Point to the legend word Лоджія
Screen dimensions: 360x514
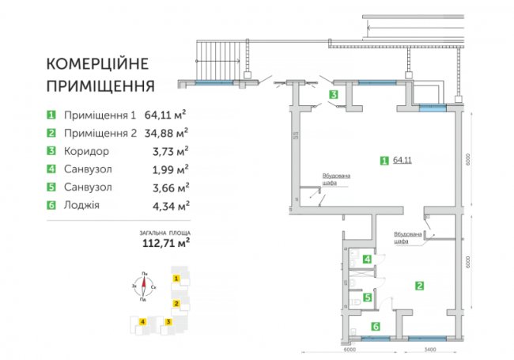click(82, 205)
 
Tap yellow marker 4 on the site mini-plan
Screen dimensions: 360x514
click(142, 321)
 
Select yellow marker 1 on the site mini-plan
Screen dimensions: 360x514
click(176, 279)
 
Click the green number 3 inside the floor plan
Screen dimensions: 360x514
click(334, 95)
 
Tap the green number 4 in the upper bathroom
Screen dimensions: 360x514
click(366, 259)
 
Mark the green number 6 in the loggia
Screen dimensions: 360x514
click(376, 326)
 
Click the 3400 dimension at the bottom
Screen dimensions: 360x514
click(431, 348)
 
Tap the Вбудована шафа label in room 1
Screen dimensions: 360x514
click(332, 180)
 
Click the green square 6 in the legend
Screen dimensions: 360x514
click(52, 205)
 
